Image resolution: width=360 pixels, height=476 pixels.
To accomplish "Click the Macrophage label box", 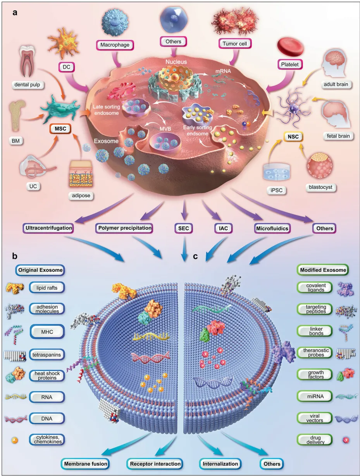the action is click(x=115, y=45).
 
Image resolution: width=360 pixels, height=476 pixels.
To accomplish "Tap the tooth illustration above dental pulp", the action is click(x=27, y=61).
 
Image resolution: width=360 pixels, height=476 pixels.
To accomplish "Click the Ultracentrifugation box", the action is click(x=48, y=228).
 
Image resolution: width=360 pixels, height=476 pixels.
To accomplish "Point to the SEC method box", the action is click(x=184, y=228).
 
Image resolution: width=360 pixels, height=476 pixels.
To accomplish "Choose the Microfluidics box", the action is click(x=272, y=228).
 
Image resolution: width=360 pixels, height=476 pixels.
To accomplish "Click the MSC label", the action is click(x=60, y=129).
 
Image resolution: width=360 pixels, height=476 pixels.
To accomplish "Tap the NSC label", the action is click(x=293, y=136).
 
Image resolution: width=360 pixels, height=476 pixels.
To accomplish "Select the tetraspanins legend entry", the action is click(x=47, y=355).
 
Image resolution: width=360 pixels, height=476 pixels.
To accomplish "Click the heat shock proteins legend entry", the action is click(x=47, y=376).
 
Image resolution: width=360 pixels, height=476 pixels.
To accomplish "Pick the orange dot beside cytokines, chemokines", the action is click(x=15, y=440).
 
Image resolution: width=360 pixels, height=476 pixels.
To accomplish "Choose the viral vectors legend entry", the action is click(x=315, y=418).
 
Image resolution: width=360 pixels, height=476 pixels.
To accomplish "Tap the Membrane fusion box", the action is click(x=85, y=464).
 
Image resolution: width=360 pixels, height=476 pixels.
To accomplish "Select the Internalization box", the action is click(x=220, y=464).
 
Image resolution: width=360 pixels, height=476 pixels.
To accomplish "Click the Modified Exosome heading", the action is click(x=323, y=270).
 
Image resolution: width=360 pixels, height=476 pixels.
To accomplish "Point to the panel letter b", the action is click(x=15, y=256).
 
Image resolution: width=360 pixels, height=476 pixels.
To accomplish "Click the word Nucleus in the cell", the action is click(x=176, y=62).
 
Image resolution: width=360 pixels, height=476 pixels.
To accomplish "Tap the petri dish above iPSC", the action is click(x=277, y=172).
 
